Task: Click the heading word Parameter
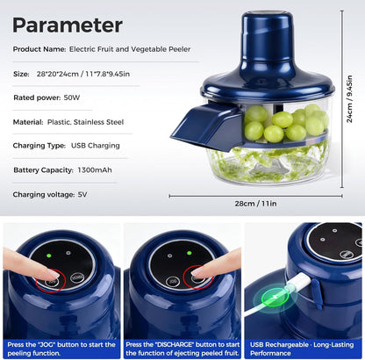pos(68,24)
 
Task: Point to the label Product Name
pos(39,49)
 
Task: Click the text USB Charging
pos(97,145)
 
